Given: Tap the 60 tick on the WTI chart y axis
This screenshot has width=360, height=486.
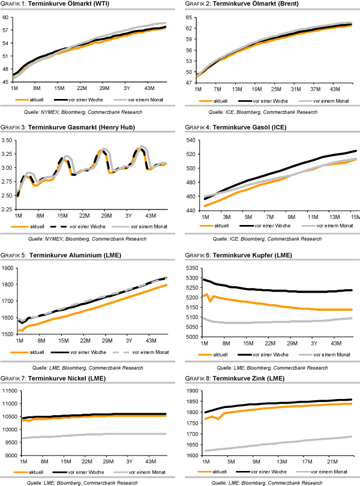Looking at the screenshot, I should pos(8,17).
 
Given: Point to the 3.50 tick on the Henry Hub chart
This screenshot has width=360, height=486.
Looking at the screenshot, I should pos(8,140).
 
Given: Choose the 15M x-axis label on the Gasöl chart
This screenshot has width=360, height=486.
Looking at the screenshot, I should pos(353,216).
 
